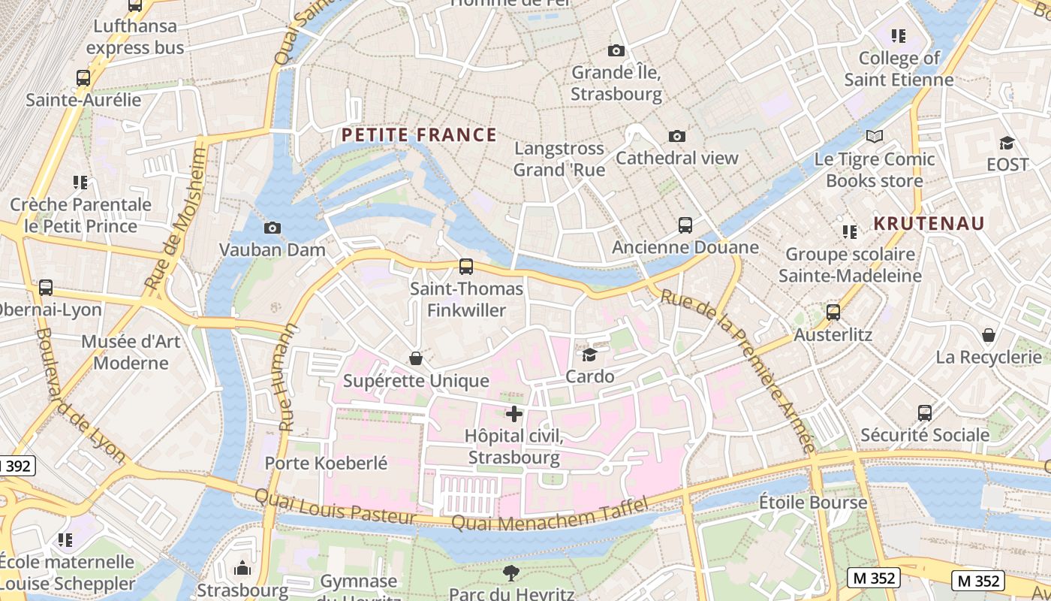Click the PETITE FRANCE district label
coord(419,135)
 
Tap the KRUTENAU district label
coord(929,223)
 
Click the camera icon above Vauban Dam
coord(273,228)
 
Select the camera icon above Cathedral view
coord(677,136)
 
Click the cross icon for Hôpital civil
coord(514,414)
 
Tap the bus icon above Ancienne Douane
coord(685,225)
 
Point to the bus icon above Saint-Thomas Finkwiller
coord(466,266)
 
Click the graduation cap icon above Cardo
coord(590,354)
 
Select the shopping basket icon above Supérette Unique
coord(416,358)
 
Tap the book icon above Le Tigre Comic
coord(875,136)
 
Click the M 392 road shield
coord(17,466)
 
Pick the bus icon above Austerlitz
coord(833,312)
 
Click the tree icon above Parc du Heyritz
coord(511,572)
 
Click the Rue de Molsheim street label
coord(176,219)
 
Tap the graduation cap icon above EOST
coord(1007,143)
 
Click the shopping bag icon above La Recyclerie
coord(989,334)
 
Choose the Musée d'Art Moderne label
coord(131,352)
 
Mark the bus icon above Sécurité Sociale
coord(925,412)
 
